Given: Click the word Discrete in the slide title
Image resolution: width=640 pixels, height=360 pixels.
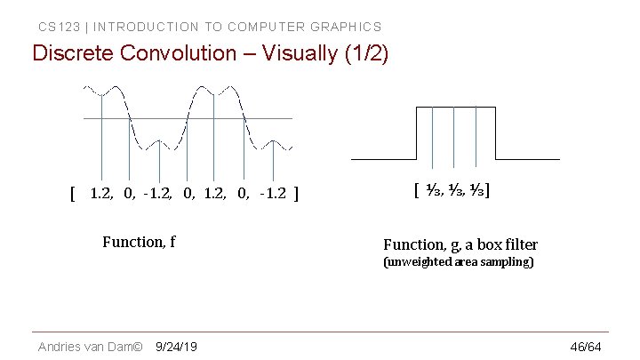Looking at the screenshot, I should [x=73, y=53].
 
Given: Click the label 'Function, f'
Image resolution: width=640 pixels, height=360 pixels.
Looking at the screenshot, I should [x=139, y=241].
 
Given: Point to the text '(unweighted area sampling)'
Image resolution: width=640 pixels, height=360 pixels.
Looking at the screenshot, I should [x=458, y=263].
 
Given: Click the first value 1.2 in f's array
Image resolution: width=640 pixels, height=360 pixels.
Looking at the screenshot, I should [x=101, y=193].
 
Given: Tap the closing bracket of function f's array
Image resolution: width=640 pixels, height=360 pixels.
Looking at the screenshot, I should [x=296, y=193].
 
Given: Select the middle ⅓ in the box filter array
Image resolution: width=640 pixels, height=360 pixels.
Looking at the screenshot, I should [x=454, y=189].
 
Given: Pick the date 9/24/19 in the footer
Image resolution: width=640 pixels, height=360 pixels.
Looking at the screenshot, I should [x=176, y=346].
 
